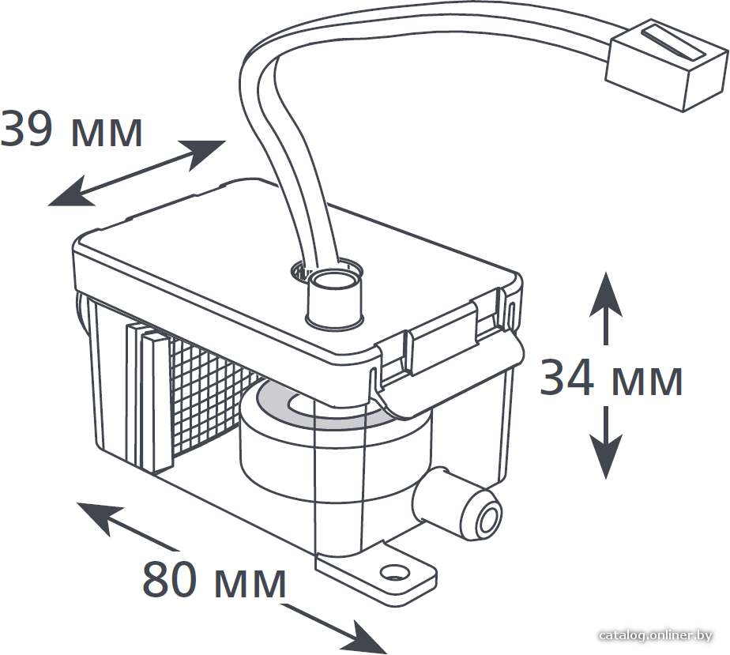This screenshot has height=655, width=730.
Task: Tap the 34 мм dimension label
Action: click(x=611, y=378)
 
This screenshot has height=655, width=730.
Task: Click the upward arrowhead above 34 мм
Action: click(x=606, y=295)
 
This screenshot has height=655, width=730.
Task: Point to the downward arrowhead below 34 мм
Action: click(x=606, y=456)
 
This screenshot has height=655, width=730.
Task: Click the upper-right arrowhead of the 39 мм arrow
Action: click(x=204, y=152)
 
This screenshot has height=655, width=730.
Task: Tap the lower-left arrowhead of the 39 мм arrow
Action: click(x=70, y=192)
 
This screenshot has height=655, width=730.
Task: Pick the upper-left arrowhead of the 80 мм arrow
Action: click(x=99, y=516)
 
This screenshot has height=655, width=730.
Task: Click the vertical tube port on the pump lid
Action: click(x=333, y=296)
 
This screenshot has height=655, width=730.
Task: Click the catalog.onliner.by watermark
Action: click(x=656, y=635)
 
